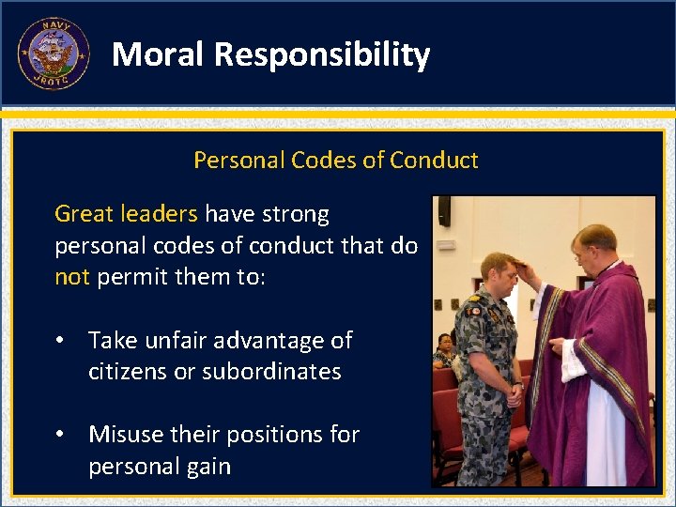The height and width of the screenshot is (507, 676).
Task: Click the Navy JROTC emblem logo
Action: [54, 54]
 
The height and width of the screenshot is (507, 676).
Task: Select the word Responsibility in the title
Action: [322, 54]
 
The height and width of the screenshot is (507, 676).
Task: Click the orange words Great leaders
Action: [126, 214]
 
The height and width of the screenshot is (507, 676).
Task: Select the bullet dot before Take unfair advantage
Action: [60, 341]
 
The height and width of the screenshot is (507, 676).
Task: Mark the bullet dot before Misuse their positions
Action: [60, 435]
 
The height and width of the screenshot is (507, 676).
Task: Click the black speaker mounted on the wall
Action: [444, 211]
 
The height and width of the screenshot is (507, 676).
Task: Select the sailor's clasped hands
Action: [513, 394]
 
